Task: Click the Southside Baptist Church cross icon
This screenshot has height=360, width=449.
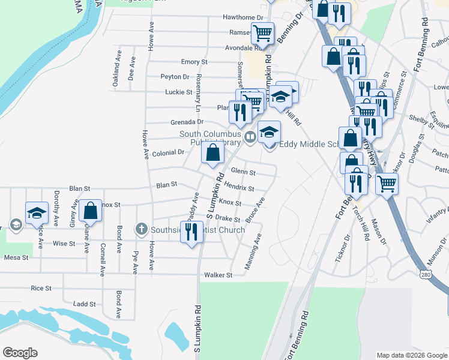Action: tap(141, 229)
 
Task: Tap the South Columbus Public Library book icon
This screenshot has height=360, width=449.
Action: tap(250, 137)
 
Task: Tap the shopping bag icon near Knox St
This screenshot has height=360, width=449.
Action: tap(90, 211)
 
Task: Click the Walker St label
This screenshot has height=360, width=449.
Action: tap(218, 275)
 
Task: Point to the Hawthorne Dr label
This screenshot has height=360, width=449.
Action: tap(243, 19)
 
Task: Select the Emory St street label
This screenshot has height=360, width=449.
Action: tap(194, 62)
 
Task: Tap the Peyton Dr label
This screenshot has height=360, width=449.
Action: tap(175, 77)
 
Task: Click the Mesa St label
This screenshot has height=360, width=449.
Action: tap(16, 257)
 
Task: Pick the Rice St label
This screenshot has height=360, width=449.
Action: tap(41, 289)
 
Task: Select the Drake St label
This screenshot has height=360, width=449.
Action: tap(228, 219)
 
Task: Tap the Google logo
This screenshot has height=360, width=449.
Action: tap(20, 353)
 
